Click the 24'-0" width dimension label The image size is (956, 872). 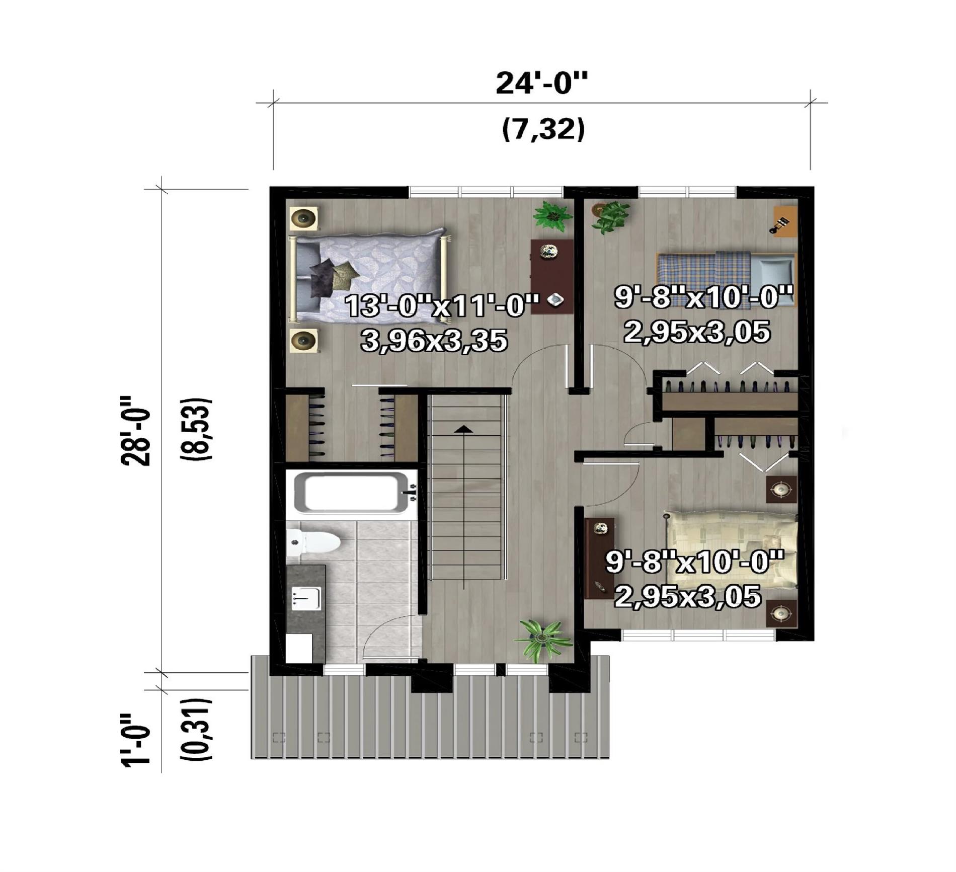tap(541, 83)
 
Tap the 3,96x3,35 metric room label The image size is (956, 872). tap(434, 341)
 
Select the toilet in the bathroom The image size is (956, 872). tap(313, 542)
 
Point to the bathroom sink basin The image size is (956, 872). tap(306, 598)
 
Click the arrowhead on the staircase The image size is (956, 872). tap(463, 429)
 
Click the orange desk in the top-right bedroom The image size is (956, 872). tap(785, 221)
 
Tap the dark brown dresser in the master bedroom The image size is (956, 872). tap(552, 277)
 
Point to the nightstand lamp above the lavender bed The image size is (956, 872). tap(304, 218)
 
